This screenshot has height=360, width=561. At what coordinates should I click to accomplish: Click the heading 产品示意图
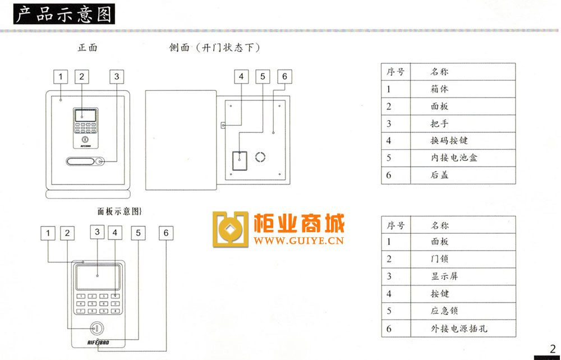click(x=64, y=14)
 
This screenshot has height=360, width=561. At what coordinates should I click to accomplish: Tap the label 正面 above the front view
click(x=88, y=48)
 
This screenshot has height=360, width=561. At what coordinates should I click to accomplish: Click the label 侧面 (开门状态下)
click(x=214, y=48)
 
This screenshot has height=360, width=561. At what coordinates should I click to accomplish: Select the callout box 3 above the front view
click(x=117, y=76)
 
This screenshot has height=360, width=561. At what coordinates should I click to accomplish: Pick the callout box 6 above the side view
click(x=284, y=76)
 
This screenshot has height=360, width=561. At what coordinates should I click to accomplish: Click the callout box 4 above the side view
click(x=241, y=76)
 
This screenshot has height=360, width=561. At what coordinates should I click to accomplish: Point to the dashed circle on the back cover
click(x=260, y=158)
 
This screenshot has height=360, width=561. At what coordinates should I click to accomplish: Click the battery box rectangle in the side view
click(x=240, y=160)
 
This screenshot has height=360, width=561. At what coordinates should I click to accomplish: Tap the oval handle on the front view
click(x=80, y=161)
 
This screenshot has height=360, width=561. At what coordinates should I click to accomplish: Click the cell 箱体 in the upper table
click(x=439, y=89)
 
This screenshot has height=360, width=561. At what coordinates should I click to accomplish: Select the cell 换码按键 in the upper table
click(x=449, y=141)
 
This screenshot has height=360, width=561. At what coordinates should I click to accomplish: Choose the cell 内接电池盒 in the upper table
click(x=454, y=158)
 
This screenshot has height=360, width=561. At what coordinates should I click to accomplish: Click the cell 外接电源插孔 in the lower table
click(x=459, y=329)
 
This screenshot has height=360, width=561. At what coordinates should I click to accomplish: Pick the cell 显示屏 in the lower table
click(x=444, y=276)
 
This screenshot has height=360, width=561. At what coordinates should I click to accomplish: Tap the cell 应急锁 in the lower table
click(x=444, y=311)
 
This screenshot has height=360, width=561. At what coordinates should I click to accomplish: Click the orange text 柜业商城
click(x=299, y=224)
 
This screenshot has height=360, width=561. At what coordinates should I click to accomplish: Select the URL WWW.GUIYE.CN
click(x=299, y=241)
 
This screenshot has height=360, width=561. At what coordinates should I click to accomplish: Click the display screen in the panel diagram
click(x=98, y=277)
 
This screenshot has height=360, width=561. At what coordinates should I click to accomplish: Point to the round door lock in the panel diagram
click(x=96, y=328)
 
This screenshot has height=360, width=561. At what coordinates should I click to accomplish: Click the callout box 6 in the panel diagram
click(x=166, y=233)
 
